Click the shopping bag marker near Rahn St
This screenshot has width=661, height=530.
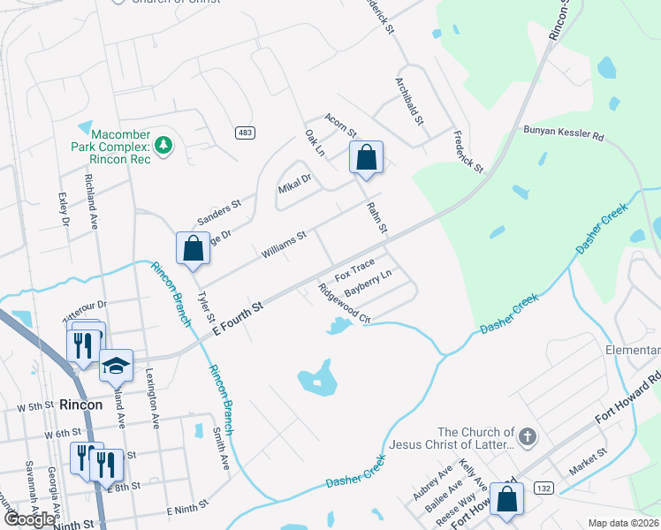click(x=366, y=159)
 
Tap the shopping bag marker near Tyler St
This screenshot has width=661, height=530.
click(x=193, y=249)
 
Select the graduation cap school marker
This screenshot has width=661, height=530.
click(x=116, y=366)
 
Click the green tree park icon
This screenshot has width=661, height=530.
click(x=163, y=143)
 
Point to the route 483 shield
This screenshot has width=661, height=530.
click(x=246, y=132)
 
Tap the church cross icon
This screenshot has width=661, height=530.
click(x=528, y=435)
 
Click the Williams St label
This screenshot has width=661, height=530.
click(x=283, y=246)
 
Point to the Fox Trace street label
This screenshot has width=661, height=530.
click(x=354, y=266)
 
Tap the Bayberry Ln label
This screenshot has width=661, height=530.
click(x=368, y=284)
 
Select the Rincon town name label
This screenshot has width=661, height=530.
click(x=81, y=405)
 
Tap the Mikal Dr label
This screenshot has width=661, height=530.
click(x=295, y=185)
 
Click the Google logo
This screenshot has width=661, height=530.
click(x=29, y=519)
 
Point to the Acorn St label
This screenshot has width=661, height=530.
click(x=339, y=132)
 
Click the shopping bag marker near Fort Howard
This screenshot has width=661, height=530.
click(x=507, y=499)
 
